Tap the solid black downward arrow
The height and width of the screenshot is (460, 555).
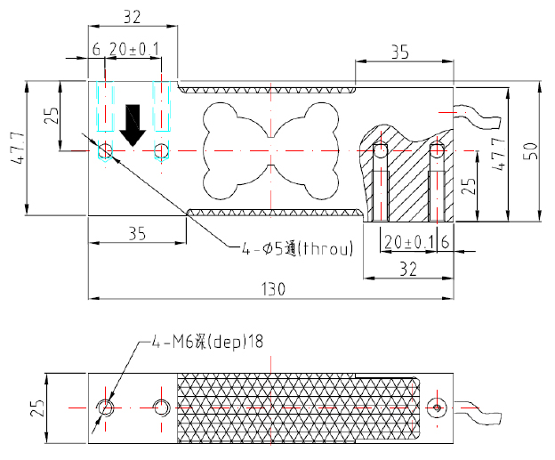[x=133, y=125]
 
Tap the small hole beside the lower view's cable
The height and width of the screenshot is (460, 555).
[x=437, y=408]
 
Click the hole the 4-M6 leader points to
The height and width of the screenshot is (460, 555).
[x=107, y=408]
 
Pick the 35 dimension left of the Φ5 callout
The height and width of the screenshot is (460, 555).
[x=136, y=234]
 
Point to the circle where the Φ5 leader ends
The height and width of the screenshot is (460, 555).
[x=106, y=150]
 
